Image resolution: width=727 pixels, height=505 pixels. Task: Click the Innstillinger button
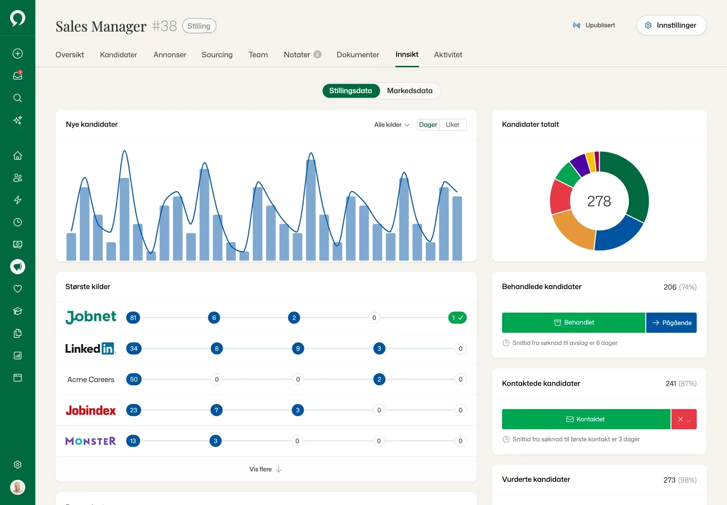pos(671,25)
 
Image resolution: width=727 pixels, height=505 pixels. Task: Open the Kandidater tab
pos(119,55)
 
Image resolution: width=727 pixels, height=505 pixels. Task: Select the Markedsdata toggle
pos(409,90)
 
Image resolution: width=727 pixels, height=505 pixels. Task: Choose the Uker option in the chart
pos(453,125)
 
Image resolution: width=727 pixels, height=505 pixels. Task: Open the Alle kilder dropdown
pos(392,125)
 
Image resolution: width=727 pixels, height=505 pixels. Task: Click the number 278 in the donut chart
pos(599,201)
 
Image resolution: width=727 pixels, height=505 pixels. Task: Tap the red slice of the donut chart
pos(561,197)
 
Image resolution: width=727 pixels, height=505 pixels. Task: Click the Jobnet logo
pos(90,317)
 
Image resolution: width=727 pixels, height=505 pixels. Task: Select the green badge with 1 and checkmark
pos(457,318)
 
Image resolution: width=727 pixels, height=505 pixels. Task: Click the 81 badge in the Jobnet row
pos(133,318)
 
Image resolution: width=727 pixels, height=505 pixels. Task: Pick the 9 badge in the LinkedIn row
pos(298,349)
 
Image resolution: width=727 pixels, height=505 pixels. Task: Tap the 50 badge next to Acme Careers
pos(134,380)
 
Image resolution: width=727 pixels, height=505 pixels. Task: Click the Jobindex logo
pos(90,410)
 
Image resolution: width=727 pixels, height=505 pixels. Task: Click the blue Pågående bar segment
pos(671,322)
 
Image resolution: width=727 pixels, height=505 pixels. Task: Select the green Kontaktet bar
pos(586,419)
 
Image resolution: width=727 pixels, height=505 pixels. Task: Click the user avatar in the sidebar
pos(18,487)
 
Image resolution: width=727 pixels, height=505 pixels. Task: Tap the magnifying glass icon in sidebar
pos(18,98)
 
